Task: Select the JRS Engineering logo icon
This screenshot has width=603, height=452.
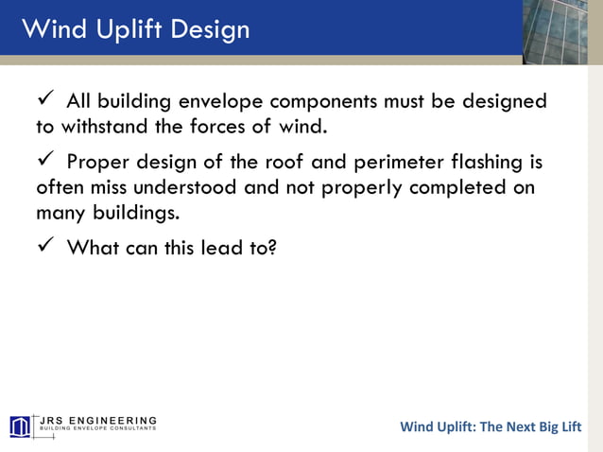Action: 20,426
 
